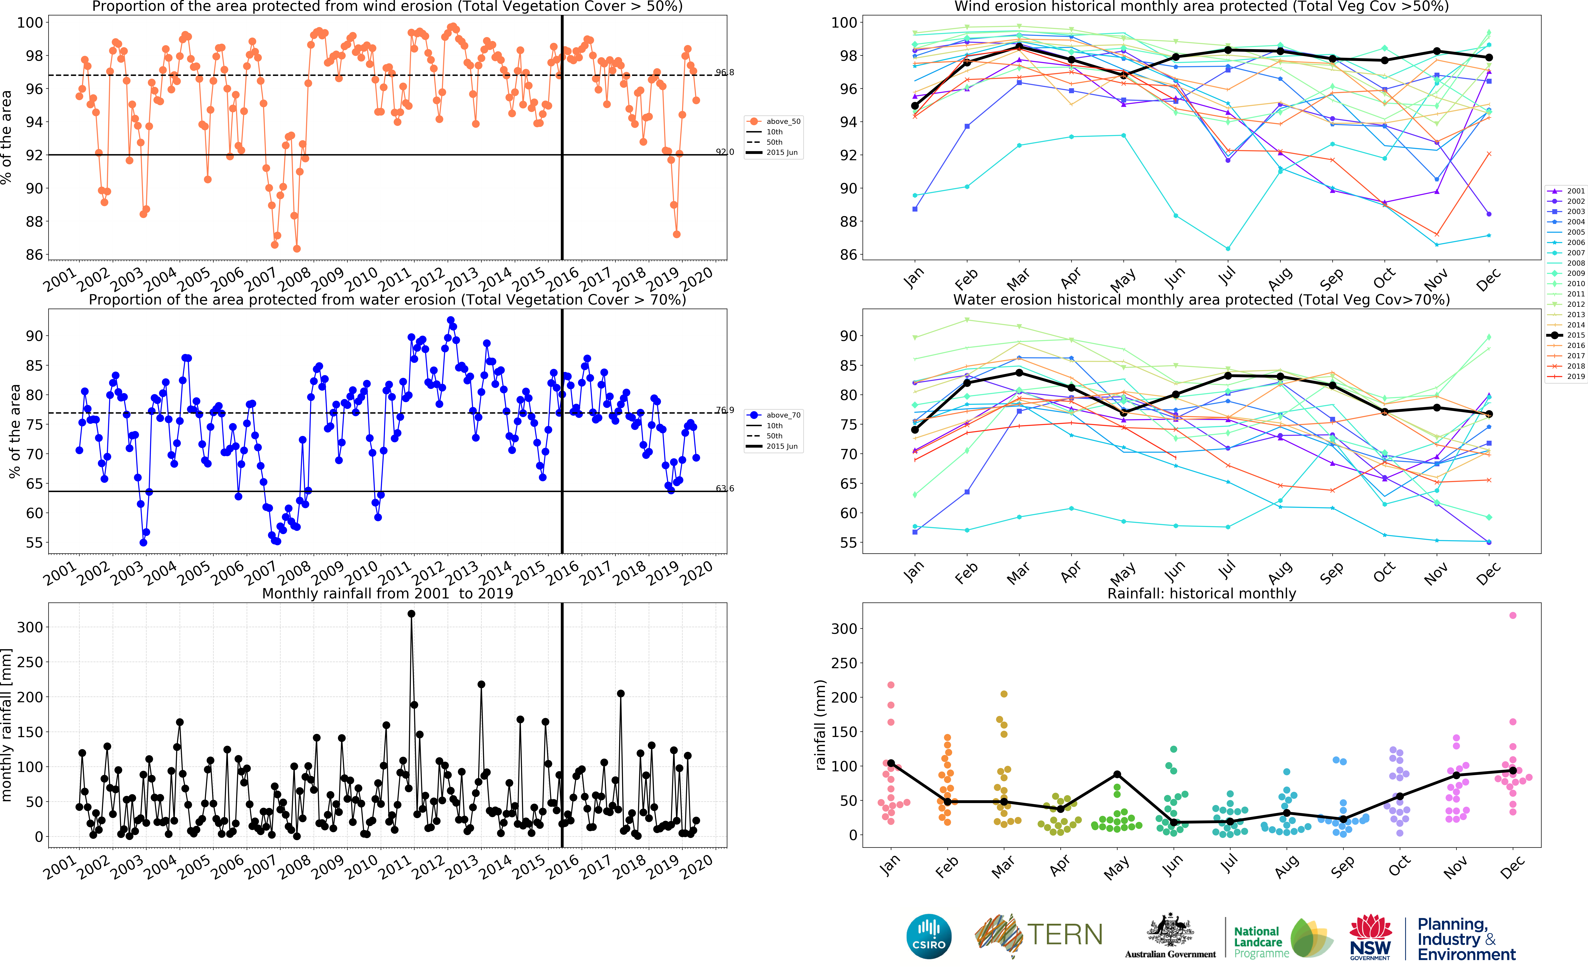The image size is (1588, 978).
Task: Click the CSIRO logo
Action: click(x=929, y=936)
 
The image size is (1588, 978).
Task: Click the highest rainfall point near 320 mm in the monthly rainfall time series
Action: click(x=411, y=614)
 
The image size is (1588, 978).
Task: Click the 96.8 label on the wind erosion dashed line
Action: click(x=724, y=72)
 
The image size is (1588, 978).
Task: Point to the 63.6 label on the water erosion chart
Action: click(x=724, y=488)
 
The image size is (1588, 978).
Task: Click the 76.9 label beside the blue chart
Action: click(x=724, y=410)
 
